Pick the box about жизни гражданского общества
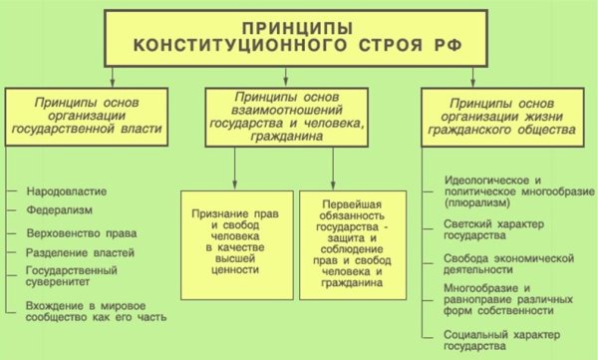pos(498,116)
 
